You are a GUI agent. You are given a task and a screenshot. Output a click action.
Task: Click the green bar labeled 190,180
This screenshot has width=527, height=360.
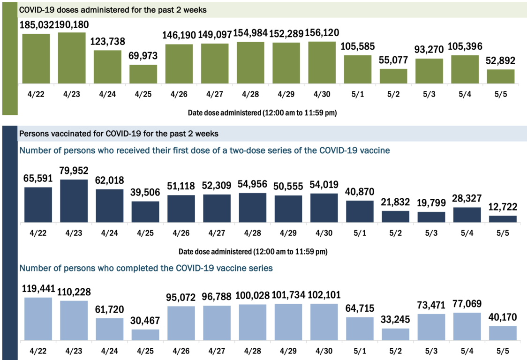pos(72,58)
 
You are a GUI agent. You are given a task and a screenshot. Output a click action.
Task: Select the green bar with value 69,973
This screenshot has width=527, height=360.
pos(143,74)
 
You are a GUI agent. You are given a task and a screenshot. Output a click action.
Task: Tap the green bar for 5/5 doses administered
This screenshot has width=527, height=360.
pos(500,76)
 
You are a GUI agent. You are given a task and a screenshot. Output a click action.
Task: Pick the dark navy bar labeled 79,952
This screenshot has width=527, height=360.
pos(74,201)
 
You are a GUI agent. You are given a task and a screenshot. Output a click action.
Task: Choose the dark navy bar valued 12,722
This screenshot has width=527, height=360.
pos(502,218)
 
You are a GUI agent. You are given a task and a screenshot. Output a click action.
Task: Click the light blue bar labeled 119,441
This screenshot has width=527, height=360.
pos(38,319)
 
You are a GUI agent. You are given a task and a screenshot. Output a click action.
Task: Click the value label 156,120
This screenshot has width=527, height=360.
pos(322,33)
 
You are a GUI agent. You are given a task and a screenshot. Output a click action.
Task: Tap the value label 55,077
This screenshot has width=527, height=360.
pos(393,60)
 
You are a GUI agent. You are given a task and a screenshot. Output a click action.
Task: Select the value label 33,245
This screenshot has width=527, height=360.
pos(395,320)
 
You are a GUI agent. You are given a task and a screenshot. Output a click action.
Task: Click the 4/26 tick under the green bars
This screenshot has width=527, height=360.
pos(179,94)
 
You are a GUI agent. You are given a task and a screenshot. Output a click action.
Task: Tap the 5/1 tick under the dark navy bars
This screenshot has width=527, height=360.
pos(360,233)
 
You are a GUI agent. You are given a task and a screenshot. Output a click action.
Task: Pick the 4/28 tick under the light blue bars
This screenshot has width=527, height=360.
pos(253,351)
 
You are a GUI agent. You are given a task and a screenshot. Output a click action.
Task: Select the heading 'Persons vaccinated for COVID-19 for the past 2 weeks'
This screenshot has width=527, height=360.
pos(119,134)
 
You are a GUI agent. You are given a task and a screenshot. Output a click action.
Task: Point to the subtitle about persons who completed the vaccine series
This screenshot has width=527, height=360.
pos(146,269)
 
